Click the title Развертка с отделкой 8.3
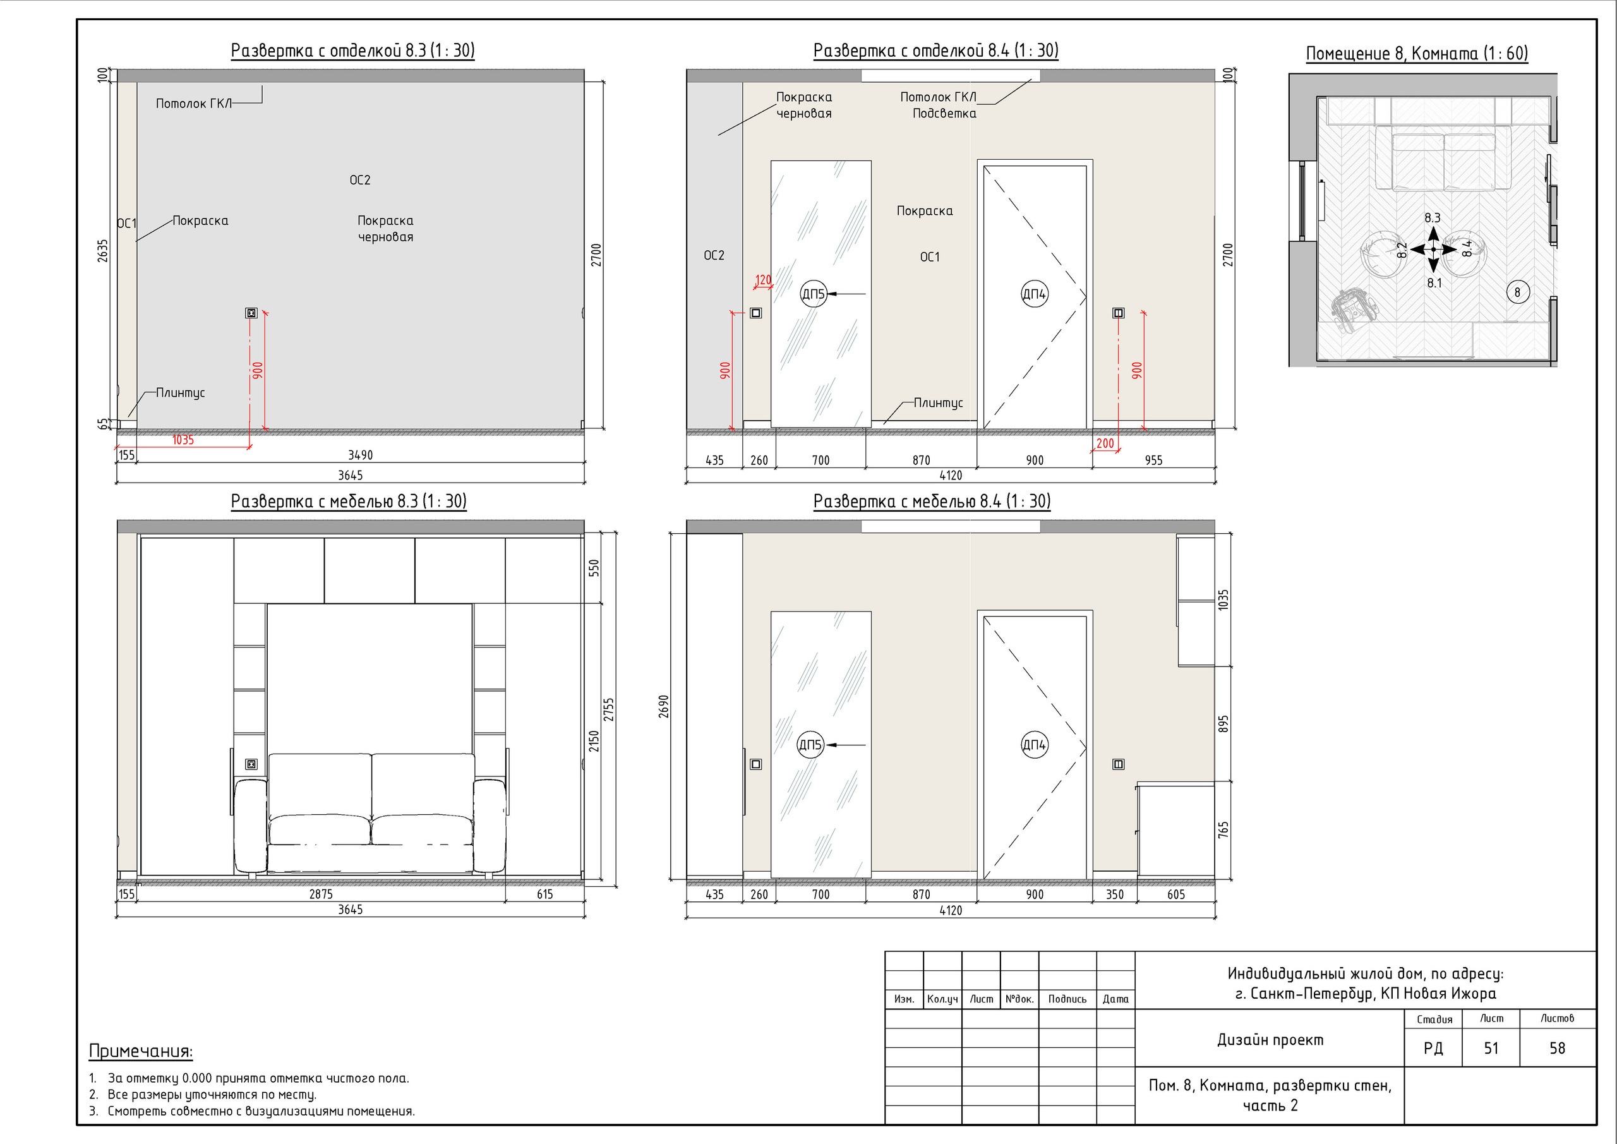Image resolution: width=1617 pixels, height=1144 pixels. tap(353, 51)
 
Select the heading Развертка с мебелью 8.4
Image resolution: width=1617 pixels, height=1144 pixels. tap(932, 502)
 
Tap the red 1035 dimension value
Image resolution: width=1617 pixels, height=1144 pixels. tap(183, 440)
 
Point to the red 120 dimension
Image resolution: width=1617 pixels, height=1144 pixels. tap(764, 280)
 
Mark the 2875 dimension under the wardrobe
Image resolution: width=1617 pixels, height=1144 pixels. tap(321, 894)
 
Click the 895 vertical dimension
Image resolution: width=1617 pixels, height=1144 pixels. tap(1224, 724)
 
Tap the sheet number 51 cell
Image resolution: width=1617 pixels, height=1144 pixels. tap(1491, 1048)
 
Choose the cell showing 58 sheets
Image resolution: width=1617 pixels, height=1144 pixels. tap(1558, 1048)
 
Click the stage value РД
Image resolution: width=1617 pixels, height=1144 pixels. tap(1433, 1048)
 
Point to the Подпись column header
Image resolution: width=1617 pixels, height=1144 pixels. tap(1067, 999)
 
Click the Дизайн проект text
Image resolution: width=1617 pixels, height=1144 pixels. tap(1270, 1040)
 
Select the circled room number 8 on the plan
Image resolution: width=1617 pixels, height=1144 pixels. tap(1518, 292)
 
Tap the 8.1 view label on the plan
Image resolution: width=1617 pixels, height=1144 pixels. tap(1434, 283)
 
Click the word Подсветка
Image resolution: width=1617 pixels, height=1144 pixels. tap(944, 114)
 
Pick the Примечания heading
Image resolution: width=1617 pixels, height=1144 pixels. tap(141, 1051)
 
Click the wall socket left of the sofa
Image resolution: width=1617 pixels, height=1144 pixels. tap(251, 764)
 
